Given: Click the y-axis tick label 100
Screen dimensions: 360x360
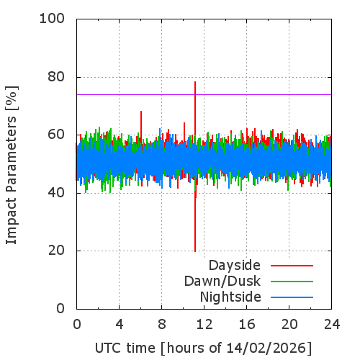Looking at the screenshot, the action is tap(52, 19).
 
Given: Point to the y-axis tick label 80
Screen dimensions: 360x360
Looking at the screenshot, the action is tap(56, 77).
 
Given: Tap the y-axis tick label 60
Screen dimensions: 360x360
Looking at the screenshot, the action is tap(56, 135).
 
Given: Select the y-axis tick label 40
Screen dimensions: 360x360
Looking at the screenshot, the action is tap(56, 193).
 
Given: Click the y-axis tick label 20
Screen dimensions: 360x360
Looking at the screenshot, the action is tap(56, 251).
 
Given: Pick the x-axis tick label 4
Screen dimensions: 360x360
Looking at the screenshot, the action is tap(120, 324).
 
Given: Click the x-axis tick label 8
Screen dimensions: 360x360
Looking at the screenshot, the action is tap(162, 324).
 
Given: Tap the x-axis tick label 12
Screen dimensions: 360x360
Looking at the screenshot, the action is tap(204, 324).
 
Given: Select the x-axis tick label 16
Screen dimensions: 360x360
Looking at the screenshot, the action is tap(247, 324).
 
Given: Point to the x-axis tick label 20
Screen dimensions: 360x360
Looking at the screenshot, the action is tap(289, 324).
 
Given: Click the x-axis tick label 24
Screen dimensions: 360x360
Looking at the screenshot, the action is tap(332, 324).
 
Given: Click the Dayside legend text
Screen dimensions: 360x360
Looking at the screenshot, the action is tap(235, 266).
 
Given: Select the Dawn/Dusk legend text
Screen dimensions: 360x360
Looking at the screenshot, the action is tap(222, 281).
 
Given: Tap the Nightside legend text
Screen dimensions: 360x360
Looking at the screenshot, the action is tap(230, 297).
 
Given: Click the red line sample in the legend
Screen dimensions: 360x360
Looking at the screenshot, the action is tap(292, 266).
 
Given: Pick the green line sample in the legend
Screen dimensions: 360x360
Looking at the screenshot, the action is tap(292, 282).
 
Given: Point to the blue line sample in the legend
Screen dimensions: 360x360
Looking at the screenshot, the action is tap(292, 297).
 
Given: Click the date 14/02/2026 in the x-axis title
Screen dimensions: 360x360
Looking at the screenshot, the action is tap(266, 348).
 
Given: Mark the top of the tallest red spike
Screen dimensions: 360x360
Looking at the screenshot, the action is tap(195, 82).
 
